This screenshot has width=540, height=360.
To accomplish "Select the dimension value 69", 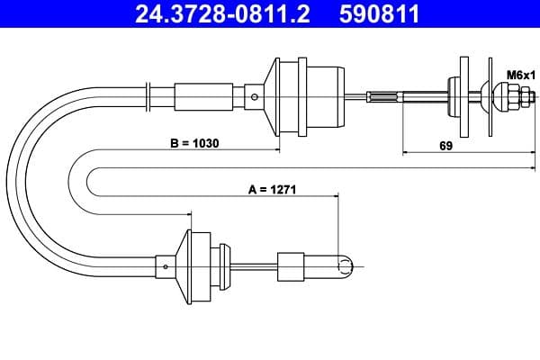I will (445, 145).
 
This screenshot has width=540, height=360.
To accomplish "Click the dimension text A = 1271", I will (273, 190).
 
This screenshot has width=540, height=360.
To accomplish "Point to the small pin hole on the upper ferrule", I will (258, 98).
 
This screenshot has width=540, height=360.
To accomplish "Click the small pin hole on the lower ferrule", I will (166, 266).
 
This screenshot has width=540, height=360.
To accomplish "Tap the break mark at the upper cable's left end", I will (148, 89).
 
